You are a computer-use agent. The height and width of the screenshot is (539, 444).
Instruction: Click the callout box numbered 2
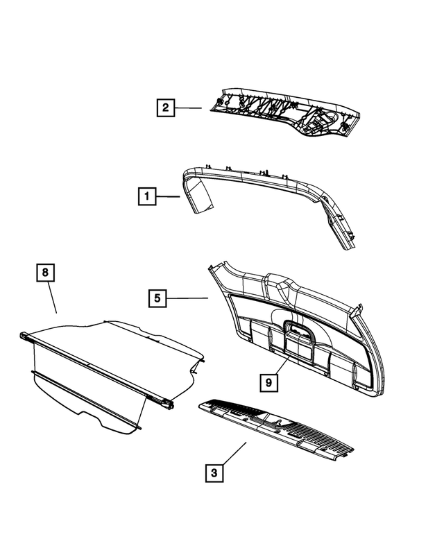pyautogui.click(x=164, y=108)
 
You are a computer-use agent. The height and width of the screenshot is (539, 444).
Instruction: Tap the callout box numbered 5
pyautogui.click(x=157, y=298)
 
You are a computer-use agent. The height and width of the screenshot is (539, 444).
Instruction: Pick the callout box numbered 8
pyautogui.click(x=45, y=273)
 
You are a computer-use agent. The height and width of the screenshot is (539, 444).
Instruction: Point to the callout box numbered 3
pyautogui.click(x=214, y=473)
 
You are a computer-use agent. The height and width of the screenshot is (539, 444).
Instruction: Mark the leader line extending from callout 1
pyautogui.click(x=167, y=197)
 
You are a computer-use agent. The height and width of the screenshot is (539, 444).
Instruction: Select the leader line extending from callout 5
pyautogui.click(x=189, y=298)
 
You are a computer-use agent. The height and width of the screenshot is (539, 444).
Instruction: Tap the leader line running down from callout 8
pyautogui.click(x=51, y=298)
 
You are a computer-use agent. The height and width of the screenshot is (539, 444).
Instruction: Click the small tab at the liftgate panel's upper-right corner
pyautogui.click(x=360, y=307)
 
